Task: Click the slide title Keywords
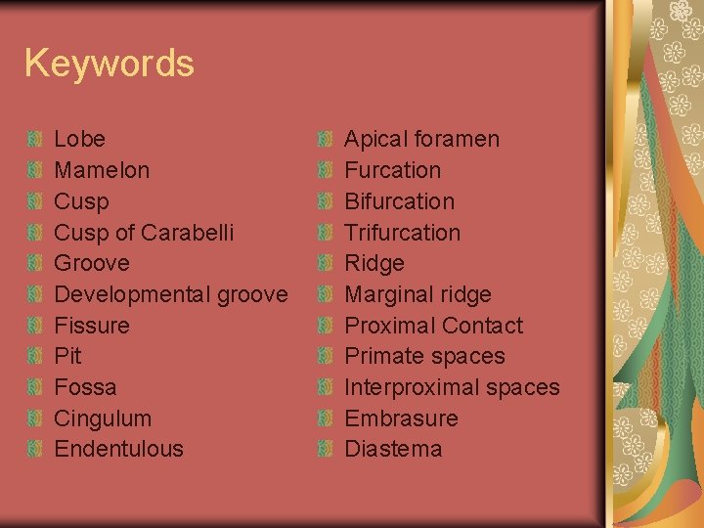(x=109, y=64)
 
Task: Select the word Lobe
(x=79, y=139)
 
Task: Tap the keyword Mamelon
(x=102, y=170)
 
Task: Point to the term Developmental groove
(x=170, y=294)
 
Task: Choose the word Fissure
(x=92, y=326)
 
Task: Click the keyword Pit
(x=67, y=356)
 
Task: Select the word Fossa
(x=85, y=387)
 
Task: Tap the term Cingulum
(x=103, y=418)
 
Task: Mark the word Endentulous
(x=118, y=449)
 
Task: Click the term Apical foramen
(x=421, y=139)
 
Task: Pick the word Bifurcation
(x=399, y=201)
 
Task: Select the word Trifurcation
(x=402, y=233)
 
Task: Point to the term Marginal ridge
(x=418, y=294)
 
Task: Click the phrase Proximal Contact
(x=433, y=326)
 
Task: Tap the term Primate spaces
(x=424, y=356)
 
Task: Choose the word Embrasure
(x=401, y=418)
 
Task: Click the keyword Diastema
(x=393, y=449)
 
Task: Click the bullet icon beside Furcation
(x=327, y=170)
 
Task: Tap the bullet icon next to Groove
(x=36, y=263)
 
